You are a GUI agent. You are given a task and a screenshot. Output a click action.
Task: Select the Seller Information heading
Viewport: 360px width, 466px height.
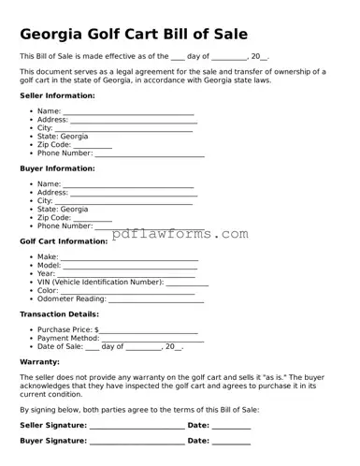coord(57,96)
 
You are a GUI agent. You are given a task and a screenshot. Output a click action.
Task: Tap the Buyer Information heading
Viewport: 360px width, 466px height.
coord(57,168)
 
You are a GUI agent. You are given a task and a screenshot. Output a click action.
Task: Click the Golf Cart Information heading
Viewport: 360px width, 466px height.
coord(64,240)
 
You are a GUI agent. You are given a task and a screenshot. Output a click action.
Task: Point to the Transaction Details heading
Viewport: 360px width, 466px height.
coord(59,314)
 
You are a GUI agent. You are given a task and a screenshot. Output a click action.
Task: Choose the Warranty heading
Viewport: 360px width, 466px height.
coord(40,360)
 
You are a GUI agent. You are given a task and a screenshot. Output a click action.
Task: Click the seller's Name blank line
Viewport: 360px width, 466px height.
coord(128,112)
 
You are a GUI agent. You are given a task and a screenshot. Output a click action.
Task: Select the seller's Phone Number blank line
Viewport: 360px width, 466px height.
coord(149,154)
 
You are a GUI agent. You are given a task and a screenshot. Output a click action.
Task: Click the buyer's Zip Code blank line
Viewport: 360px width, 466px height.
coord(93,219)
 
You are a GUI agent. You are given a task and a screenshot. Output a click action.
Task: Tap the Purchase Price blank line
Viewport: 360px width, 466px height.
coord(149,331)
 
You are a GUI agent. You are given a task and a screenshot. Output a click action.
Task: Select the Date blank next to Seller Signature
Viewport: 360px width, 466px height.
coord(231,427)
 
